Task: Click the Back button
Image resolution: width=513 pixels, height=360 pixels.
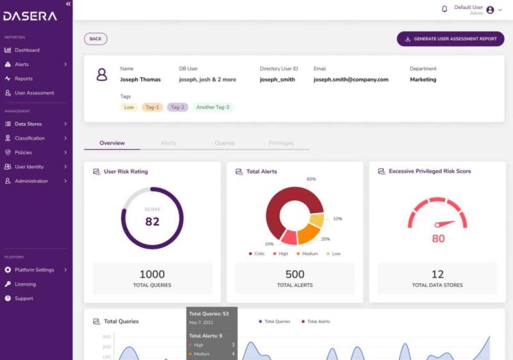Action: [x=96, y=39]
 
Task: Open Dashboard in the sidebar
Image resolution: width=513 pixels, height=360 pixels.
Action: [x=27, y=50]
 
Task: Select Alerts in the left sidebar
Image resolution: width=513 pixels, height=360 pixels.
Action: [x=22, y=64]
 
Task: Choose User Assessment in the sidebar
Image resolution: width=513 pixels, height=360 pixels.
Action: [x=34, y=93]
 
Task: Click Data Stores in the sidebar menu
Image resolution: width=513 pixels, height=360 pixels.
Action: [x=28, y=124]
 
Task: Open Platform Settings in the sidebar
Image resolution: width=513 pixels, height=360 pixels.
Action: [x=34, y=270]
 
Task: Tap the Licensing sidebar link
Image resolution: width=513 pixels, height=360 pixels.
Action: [x=25, y=284]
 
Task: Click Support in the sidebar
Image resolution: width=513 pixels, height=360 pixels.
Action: [x=24, y=298]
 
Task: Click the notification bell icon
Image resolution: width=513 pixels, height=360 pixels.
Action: [x=444, y=9]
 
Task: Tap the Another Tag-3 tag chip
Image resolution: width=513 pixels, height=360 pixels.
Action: [x=212, y=107]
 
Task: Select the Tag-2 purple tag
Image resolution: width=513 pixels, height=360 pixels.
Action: [x=178, y=107]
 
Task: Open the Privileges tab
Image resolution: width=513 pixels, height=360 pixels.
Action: [x=281, y=143]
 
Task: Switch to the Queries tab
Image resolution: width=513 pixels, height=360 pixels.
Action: [x=224, y=143]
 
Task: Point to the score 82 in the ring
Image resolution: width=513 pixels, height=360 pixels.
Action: [x=152, y=221]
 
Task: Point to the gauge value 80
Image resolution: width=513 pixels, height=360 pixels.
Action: [x=438, y=239]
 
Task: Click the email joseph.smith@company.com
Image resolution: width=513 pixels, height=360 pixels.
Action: [x=351, y=80]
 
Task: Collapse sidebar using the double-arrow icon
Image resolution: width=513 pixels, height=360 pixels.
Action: [x=69, y=4]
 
